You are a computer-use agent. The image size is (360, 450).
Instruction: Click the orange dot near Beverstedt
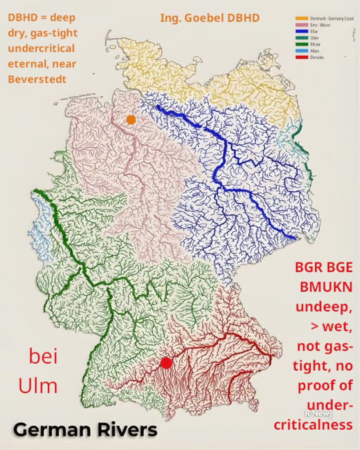[131, 120]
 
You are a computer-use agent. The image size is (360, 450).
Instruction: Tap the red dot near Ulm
[166, 363]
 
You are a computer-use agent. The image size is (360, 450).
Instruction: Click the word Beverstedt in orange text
[37, 79]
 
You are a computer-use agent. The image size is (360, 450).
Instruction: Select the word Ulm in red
[38, 385]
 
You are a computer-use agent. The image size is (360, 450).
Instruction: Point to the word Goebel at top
[202, 18]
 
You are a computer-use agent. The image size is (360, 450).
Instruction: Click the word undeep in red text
[323, 306]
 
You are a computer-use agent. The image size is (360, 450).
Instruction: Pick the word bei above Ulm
[43, 357]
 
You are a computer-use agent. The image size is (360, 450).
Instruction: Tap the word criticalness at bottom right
[313, 425]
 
